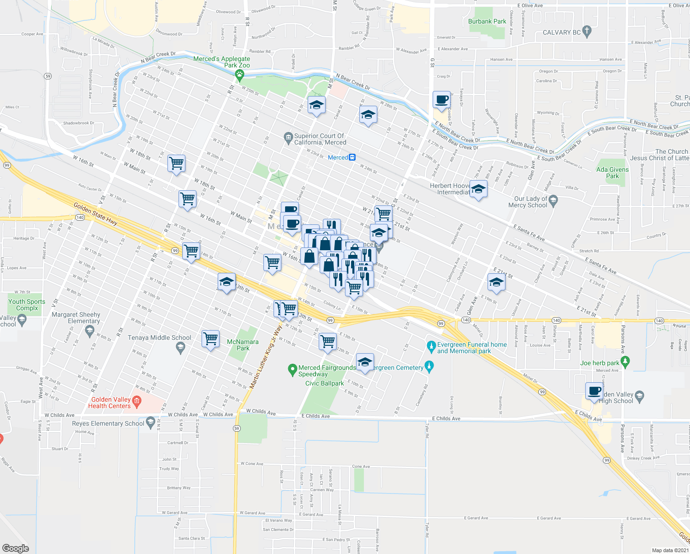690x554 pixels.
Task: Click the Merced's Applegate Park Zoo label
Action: [x=222, y=62]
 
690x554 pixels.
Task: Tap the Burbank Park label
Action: [x=487, y=21]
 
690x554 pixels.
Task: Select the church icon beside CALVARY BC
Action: [x=587, y=32]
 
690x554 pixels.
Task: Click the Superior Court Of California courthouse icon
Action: [x=288, y=137]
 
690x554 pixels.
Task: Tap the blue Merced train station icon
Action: [x=352, y=157]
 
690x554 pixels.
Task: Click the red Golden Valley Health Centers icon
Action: [x=137, y=402]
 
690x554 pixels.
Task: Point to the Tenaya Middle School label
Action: [x=160, y=338]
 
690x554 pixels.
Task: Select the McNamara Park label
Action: [x=243, y=345]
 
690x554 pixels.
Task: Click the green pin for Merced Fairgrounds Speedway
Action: [x=292, y=369]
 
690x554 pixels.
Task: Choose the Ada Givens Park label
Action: [x=612, y=173]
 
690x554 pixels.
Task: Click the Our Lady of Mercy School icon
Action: [x=554, y=200]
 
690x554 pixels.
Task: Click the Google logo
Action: [x=16, y=548]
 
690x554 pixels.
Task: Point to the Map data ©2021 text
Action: [x=670, y=550]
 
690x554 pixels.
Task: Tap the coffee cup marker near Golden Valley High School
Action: [x=595, y=391]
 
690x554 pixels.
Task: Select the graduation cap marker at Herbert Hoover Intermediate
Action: [x=478, y=189]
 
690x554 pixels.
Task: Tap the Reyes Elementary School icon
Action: [x=150, y=422]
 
